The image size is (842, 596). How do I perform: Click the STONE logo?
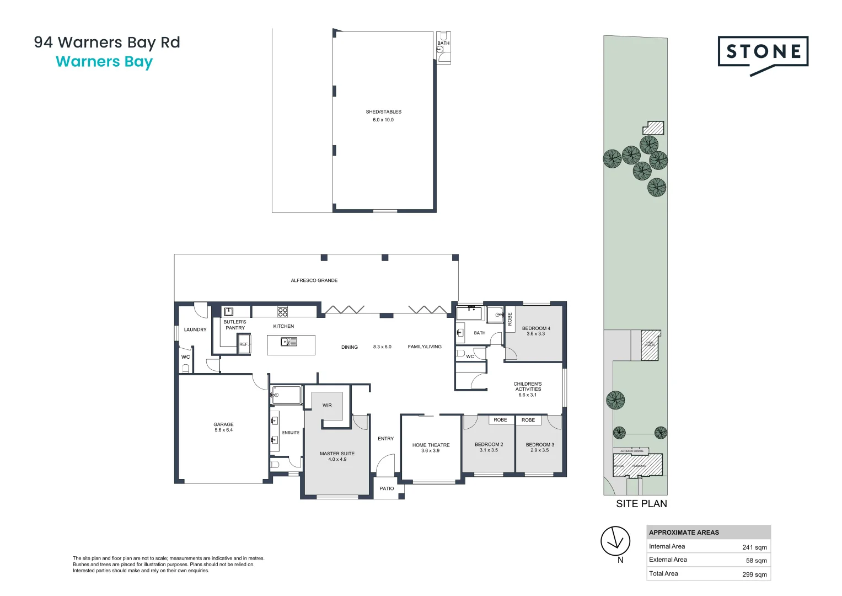pos(763,53)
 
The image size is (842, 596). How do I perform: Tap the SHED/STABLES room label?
pos(383,112)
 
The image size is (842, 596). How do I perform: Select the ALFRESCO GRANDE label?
pos(314,280)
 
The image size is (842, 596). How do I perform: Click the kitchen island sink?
pos(289,342)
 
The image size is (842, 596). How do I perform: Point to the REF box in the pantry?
pos(244,344)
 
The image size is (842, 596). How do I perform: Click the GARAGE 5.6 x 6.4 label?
pos(223,427)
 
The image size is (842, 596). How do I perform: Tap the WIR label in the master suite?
pos(327,405)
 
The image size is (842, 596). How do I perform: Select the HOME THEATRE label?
pos(431,445)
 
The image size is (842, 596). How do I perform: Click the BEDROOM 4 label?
pos(536,328)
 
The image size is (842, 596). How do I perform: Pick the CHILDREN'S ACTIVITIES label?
pos(528,386)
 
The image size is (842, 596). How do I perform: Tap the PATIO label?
pos(387,488)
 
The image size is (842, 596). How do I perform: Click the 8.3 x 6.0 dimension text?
pos(382,347)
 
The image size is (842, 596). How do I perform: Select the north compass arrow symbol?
pos(615,541)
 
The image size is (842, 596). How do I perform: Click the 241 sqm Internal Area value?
pos(754,547)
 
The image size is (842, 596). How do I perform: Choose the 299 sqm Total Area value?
pos(754,574)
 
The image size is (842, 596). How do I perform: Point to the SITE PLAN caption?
pos(641,504)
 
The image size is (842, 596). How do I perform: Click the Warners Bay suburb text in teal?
pos(104,62)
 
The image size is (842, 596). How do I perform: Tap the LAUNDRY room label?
pos(195,329)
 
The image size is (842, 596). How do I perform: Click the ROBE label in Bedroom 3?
pos(528,420)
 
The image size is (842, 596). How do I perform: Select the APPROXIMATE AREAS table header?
pos(684,533)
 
